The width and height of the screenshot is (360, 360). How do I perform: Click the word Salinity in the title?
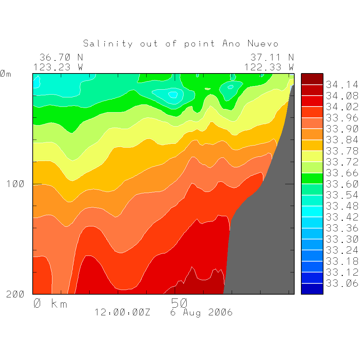(x=108, y=44)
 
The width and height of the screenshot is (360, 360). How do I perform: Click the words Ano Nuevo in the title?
(x=250, y=44)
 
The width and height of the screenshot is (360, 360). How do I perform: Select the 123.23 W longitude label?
(x=58, y=67)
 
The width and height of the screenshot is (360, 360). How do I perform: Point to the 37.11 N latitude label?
(x=272, y=57)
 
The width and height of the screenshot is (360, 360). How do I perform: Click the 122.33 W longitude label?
(x=269, y=67)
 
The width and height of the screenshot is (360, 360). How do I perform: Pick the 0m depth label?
(x=5, y=74)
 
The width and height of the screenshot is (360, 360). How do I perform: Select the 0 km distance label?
(x=50, y=303)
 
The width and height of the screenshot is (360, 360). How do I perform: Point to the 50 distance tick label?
(x=179, y=303)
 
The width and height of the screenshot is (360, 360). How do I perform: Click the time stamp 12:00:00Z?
(x=122, y=312)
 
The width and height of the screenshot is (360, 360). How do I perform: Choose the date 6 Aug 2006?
(x=201, y=312)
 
